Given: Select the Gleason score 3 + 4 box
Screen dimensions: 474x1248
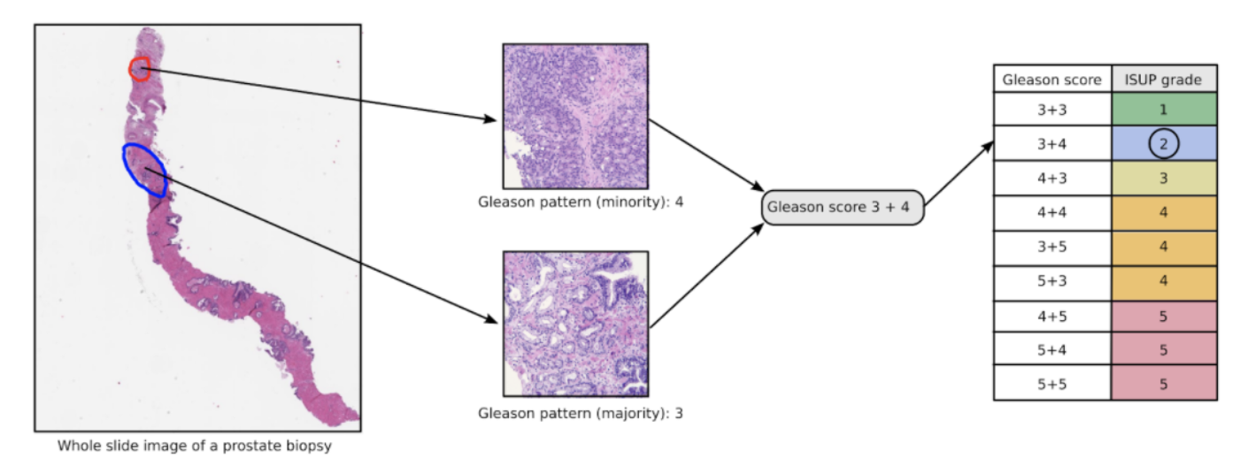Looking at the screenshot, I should (842, 207).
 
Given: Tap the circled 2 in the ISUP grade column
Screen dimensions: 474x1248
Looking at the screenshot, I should (1163, 143).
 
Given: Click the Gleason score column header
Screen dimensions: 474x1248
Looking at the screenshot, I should (1052, 80).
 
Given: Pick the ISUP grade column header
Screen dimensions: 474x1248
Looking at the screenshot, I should (1163, 80).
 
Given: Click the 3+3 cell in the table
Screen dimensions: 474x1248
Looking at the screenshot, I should (1052, 110).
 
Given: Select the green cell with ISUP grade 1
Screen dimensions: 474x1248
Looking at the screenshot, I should (1163, 110).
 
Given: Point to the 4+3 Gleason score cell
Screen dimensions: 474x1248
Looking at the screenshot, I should (1052, 178).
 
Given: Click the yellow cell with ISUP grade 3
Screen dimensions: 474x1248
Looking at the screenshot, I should (1163, 178).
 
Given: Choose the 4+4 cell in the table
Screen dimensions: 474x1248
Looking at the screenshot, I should (1052, 212).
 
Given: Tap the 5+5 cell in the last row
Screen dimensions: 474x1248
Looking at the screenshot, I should (1052, 384).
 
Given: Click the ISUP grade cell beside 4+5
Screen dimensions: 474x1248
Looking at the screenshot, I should (1163, 316).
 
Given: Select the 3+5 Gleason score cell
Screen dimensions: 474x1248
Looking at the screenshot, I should (1052, 247).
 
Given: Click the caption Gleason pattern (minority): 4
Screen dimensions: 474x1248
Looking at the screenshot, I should (581, 202).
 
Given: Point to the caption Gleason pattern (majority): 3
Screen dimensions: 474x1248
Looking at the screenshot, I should (581, 413).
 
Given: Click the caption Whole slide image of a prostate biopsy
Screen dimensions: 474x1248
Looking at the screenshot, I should (195, 446).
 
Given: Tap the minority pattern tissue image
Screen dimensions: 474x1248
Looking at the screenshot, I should (575, 116).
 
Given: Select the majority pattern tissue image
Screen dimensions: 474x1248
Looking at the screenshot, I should (575, 324).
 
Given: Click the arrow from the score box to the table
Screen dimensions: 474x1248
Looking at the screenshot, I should (958, 176).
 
